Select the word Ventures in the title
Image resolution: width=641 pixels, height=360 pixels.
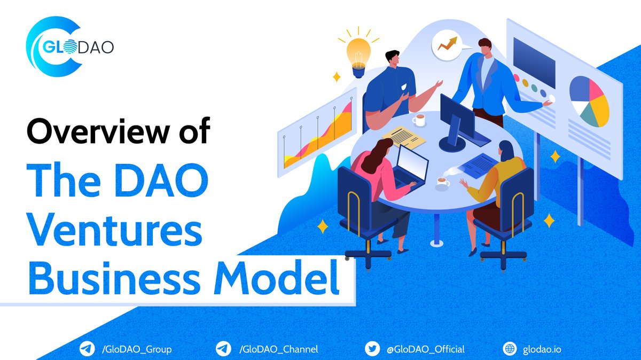click(114, 233)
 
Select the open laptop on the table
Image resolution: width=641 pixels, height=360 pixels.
click(411, 165)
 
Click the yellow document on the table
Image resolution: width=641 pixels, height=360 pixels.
click(404, 137)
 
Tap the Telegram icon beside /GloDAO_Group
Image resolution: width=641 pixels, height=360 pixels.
click(86, 349)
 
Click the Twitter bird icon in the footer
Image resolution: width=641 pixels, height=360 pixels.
click(372, 349)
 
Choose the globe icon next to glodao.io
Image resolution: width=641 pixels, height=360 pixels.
click(510, 349)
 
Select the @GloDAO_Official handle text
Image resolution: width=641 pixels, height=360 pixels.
click(425, 349)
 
